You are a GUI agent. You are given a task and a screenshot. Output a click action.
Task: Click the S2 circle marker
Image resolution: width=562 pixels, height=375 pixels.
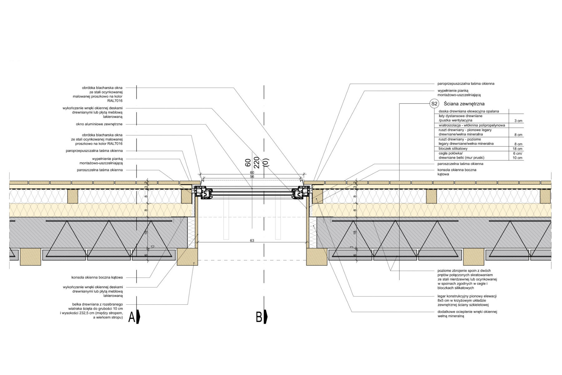(434, 104)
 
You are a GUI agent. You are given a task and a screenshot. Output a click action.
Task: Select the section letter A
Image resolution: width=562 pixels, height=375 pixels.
(132, 317)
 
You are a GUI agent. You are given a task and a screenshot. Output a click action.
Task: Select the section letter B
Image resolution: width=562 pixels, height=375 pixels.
(259, 317)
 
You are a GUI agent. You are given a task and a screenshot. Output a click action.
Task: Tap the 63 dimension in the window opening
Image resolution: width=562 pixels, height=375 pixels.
(252, 241)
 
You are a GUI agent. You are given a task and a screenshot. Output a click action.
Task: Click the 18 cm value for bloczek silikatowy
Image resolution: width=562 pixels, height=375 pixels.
(517, 149)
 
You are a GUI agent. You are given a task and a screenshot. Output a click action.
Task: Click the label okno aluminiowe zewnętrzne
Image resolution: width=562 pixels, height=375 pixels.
(99, 124)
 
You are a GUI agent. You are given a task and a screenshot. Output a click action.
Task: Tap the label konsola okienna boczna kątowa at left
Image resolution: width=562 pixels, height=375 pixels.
(97, 277)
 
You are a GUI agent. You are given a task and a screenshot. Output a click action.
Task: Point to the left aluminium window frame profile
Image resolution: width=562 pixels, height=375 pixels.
(202, 192)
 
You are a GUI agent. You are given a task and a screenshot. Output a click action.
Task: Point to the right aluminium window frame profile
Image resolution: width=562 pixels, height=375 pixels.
(301, 192)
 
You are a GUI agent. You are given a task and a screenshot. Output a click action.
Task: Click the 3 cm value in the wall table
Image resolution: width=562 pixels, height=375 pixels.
(518, 121)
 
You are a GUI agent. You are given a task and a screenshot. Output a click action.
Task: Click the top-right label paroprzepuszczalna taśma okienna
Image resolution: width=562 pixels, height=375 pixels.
(466, 84)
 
